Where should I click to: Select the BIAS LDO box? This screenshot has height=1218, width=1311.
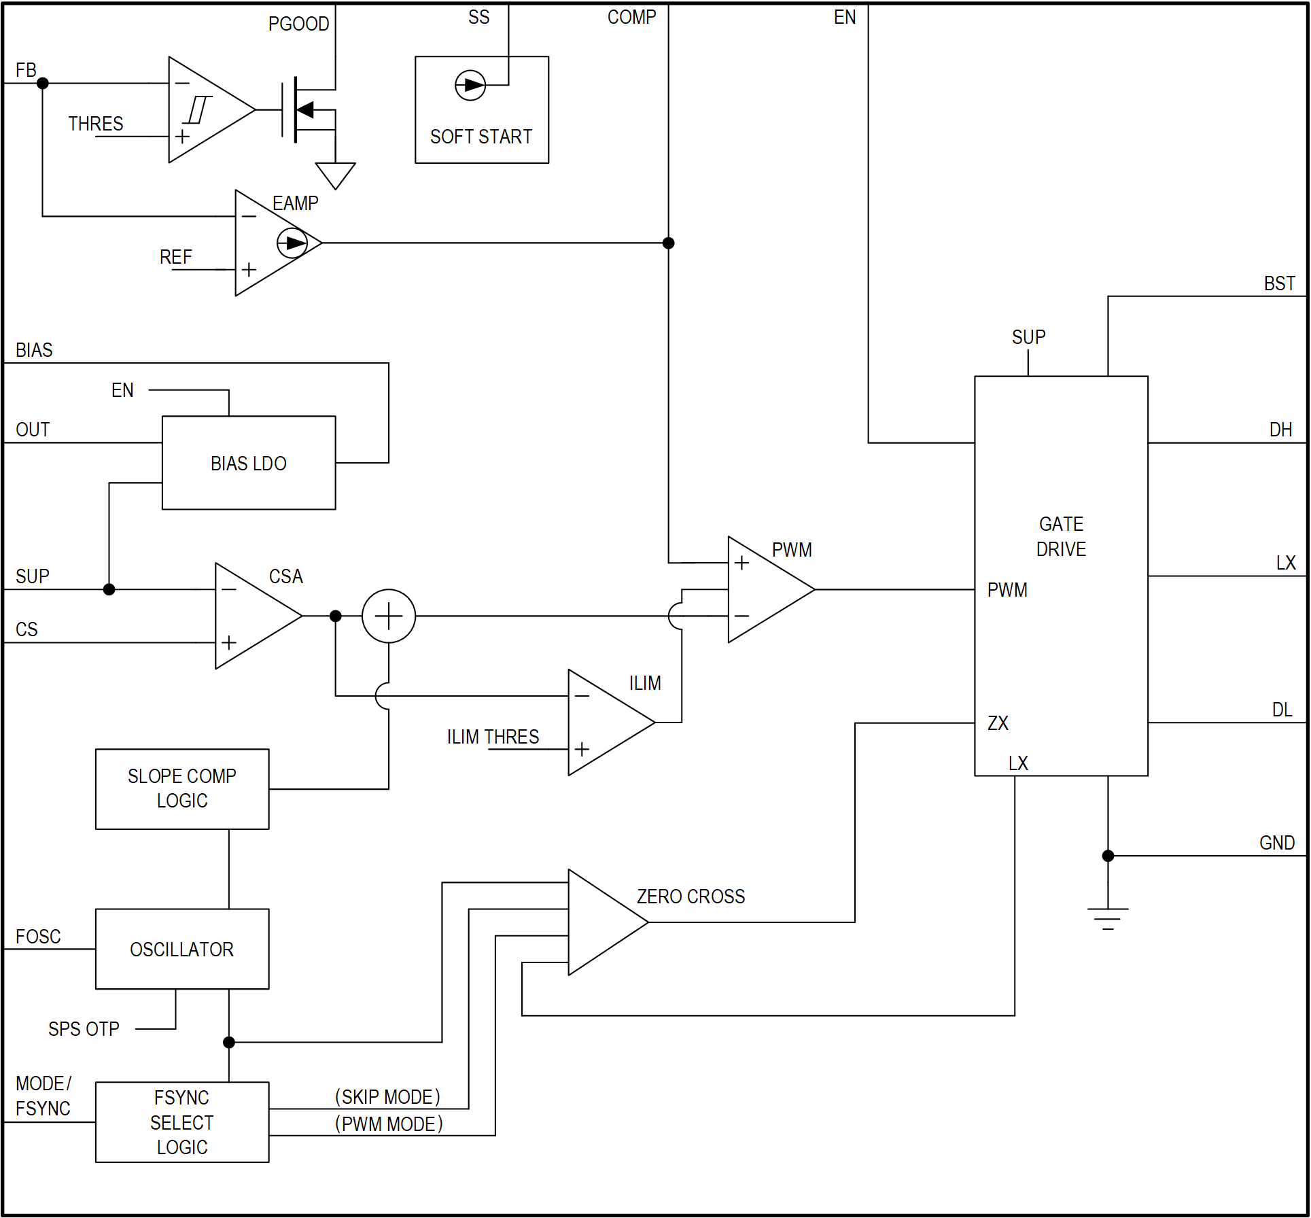248,462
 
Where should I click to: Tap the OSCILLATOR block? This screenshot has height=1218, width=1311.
181,948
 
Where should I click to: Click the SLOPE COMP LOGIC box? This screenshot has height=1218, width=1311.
181,788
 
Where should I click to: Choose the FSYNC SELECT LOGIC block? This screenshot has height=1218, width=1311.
181,1121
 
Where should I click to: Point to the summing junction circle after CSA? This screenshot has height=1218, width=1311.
388,616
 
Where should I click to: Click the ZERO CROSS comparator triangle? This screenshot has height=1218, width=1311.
601,922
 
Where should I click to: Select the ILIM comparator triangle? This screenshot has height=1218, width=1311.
605,723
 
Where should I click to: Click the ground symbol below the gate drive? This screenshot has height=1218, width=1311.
1107,918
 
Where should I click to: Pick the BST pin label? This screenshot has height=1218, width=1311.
1278,283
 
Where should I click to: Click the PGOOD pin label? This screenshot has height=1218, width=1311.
298,24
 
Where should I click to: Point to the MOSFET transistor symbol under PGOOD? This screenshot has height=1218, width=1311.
306,109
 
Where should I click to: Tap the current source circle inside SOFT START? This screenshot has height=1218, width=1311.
470,85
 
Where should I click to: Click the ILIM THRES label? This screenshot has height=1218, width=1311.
493,737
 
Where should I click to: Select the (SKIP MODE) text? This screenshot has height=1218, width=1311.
387,1096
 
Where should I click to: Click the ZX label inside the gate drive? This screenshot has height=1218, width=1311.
997,723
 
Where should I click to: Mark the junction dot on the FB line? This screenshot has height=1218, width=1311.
42,83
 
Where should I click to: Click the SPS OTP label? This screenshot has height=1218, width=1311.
84,1028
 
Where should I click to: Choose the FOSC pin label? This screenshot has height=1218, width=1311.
38,936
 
